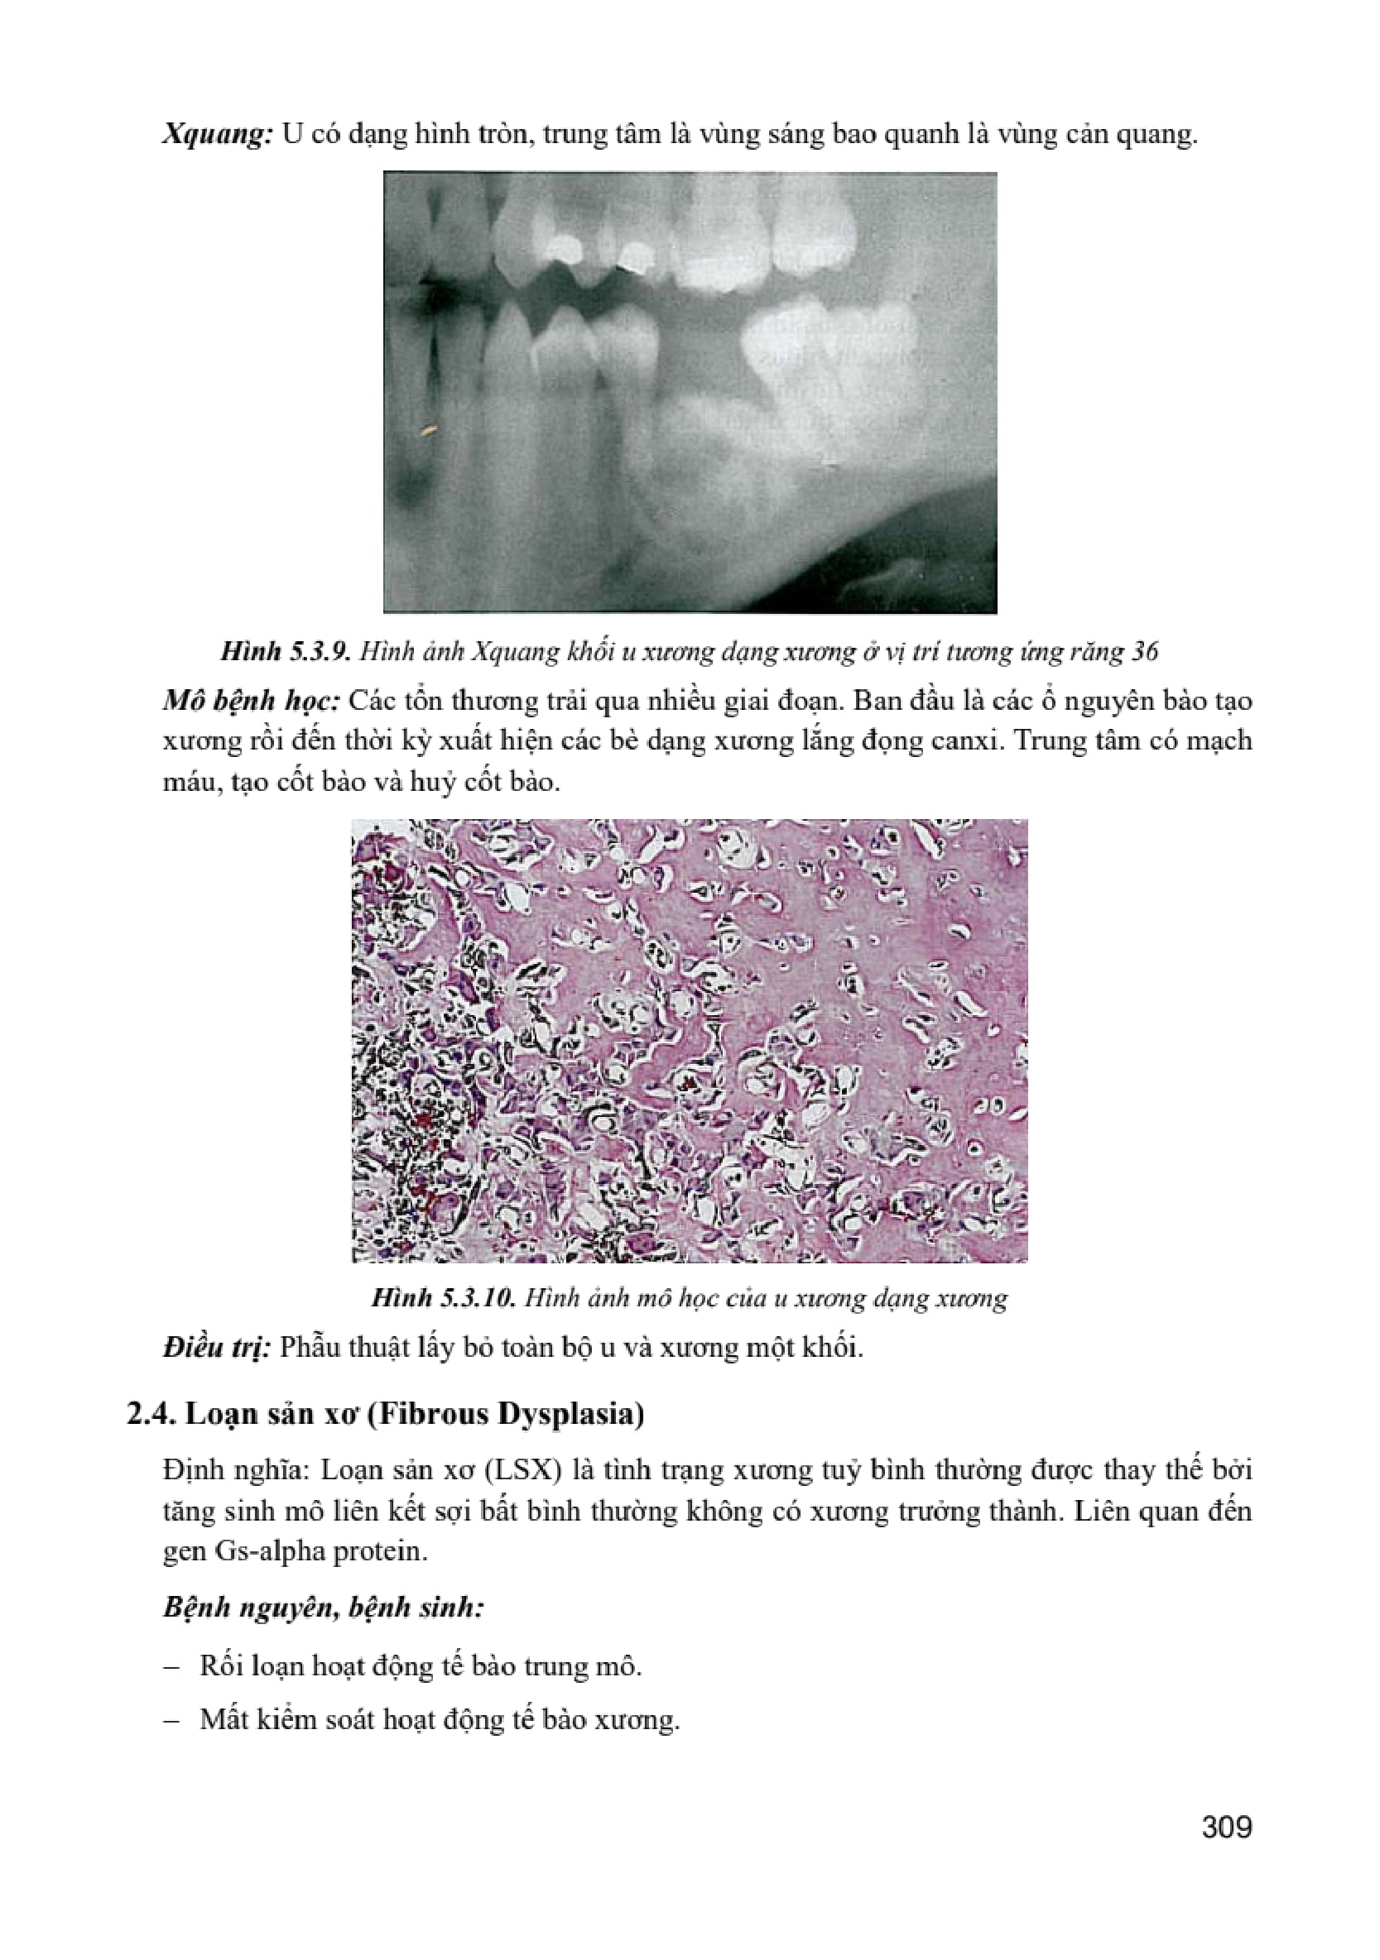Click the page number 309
click(x=1226, y=1826)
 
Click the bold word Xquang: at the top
click(x=217, y=135)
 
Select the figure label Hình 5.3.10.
click(x=441, y=1298)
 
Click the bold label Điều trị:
click(x=217, y=1348)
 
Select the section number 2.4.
click(x=151, y=1415)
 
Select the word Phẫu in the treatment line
click(x=309, y=1348)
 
